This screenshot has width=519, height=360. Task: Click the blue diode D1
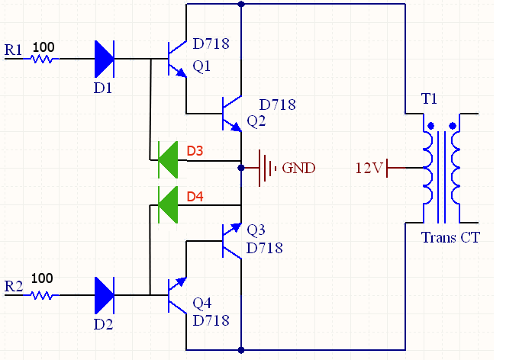tap(104, 58)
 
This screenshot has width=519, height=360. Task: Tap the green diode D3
tap(167, 161)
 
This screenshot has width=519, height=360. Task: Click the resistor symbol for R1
tap(43, 59)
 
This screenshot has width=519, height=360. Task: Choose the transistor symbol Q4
tap(178, 293)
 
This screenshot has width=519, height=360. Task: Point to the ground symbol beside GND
tap(264, 167)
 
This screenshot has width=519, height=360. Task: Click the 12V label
tap(369, 168)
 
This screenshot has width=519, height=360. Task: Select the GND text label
tap(298, 168)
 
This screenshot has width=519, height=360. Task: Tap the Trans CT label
tap(450, 237)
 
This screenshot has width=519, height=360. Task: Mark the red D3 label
tap(195, 151)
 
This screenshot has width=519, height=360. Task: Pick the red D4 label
tap(195, 197)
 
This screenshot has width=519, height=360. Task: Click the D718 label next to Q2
tap(277, 104)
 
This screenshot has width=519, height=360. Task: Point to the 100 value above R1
tap(44, 47)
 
